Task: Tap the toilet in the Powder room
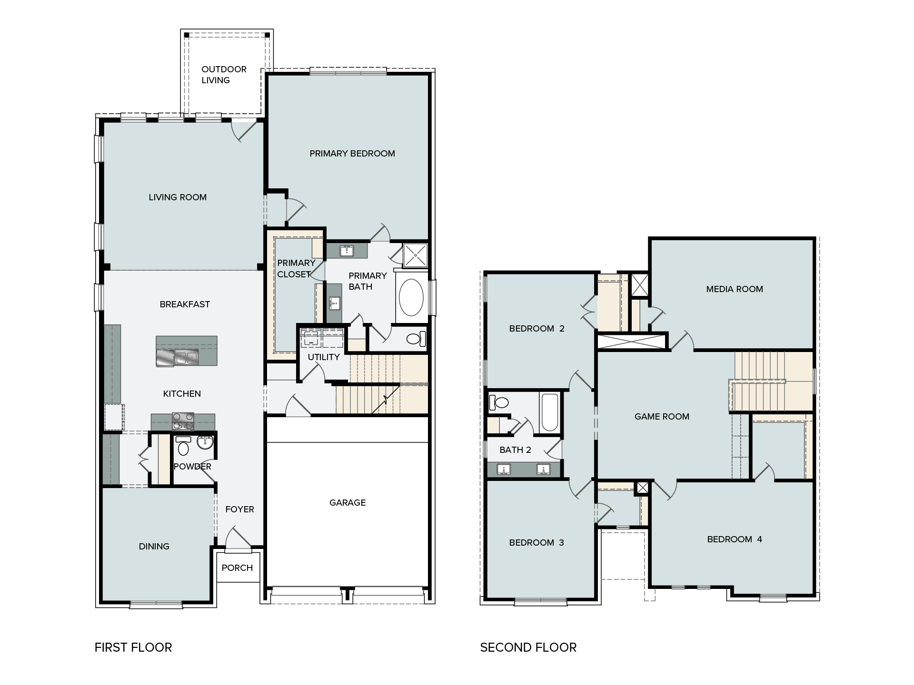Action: (183, 446)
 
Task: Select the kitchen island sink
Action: (186, 357)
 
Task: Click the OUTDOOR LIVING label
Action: (224, 75)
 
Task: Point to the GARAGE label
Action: (348, 502)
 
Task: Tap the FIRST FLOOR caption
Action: (133, 647)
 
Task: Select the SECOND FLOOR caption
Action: (528, 647)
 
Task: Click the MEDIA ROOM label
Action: (735, 289)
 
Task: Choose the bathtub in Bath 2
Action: (550, 412)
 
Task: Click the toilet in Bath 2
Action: (498, 403)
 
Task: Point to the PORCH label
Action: (237, 568)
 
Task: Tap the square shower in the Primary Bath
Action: (415, 255)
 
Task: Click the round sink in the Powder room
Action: (205, 442)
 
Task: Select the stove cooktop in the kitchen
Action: (183, 421)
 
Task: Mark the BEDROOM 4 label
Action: (735, 539)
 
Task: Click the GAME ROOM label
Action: (662, 416)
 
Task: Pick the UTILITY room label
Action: (324, 357)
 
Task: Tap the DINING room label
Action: (154, 546)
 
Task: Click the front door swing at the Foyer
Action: (238, 538)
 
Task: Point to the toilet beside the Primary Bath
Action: (416, 339)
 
